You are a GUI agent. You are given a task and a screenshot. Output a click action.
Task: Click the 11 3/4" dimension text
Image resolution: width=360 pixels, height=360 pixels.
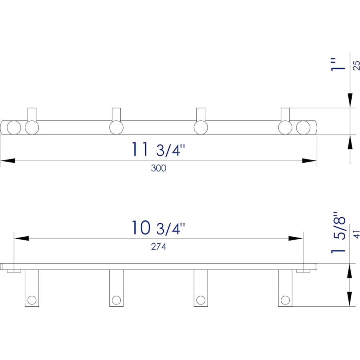[x=158, y=150]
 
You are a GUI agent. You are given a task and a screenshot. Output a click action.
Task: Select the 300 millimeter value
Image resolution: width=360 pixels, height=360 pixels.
[x=158, y=168]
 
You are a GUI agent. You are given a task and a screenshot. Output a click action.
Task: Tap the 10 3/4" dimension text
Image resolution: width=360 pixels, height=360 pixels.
[x=158, y=228]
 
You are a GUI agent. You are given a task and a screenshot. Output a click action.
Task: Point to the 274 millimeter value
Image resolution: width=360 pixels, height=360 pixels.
[x=158, y=246]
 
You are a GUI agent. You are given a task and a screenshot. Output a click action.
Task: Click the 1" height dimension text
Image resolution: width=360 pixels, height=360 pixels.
[x=338, y=64]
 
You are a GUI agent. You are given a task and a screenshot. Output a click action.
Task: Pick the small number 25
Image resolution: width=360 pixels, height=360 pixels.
[x=356, y=66]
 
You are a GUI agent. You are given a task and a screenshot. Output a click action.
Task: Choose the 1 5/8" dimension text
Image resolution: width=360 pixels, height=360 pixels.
[x=338, y=233]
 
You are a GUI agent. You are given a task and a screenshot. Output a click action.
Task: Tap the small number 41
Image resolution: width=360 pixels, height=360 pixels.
[x=356, y=234]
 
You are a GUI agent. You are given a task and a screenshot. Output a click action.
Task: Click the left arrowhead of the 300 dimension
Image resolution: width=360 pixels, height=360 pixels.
[x=8, y=160]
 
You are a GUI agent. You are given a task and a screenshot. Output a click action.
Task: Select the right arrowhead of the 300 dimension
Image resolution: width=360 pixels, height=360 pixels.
[x=310, y=160]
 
